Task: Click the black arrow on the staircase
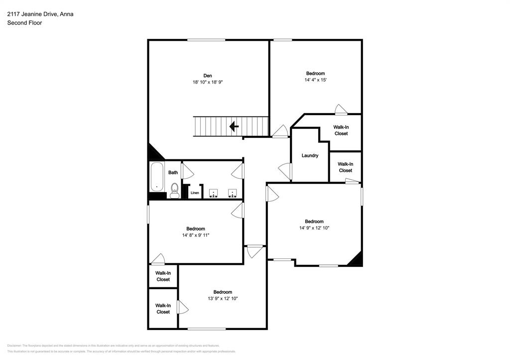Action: click(234, 126)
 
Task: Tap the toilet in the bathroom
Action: click(175, 190)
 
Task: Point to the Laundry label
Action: click(310, 156)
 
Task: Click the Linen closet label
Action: click(195, 193)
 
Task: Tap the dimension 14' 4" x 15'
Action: click(315, 80)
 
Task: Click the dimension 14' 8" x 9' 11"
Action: click(195, 235)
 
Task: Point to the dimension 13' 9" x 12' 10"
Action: click(223, 298)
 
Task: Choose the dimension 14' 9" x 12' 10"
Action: click(314, 228)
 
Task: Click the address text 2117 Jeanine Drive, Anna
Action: click(40, 14)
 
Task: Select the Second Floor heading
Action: click(24, 23)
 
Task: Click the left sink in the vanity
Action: click(214, 192)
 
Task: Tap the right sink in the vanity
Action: click(232, 192)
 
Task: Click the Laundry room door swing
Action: click(285, 171)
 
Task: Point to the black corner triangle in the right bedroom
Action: click(355, 259)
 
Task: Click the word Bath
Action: click(173, 173)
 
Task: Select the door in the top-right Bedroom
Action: click(341, 110)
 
